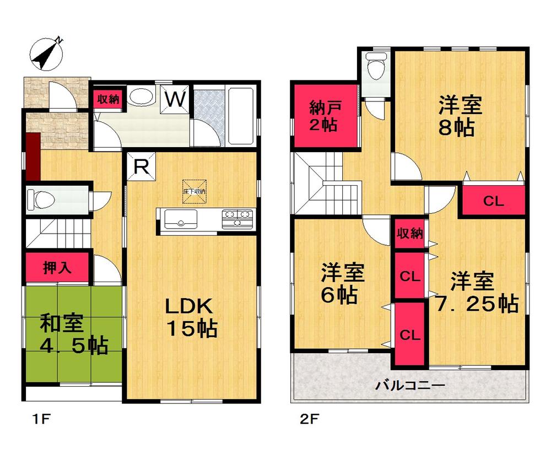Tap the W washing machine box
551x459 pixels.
[175, 100]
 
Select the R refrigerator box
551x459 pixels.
[141, 167]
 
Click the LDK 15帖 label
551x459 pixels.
[192, 318]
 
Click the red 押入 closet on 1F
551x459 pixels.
[57, 268]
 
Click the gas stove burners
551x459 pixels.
[237, 218]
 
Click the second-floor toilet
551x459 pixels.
[376, 68]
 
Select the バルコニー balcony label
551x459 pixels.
[410, 385]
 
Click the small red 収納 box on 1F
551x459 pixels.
[109, 100]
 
